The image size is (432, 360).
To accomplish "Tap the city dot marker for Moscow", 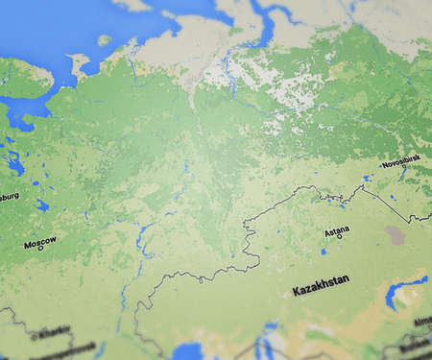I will (x=30, y=248).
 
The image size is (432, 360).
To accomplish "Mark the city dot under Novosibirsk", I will (x=404, y=170).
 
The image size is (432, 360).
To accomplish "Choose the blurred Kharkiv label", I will (x=52, y=332).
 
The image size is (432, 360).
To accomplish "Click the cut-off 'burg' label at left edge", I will (x=8, y=198).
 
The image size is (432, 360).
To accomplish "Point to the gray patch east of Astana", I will (x=395, y=233).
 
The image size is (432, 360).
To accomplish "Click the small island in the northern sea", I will (x=104, y=40).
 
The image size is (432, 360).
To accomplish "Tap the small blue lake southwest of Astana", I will (x=324, y=251).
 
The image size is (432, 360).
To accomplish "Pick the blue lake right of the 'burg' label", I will (x=41, y=204).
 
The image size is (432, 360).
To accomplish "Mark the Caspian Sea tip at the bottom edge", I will (x=188, y=351).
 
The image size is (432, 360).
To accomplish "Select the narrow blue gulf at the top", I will (x=265, y=29).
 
